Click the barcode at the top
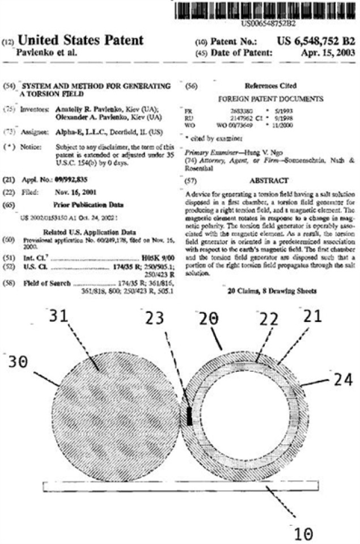269,10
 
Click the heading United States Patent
81,40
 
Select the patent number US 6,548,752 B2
316,41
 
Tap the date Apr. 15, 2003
326,53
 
